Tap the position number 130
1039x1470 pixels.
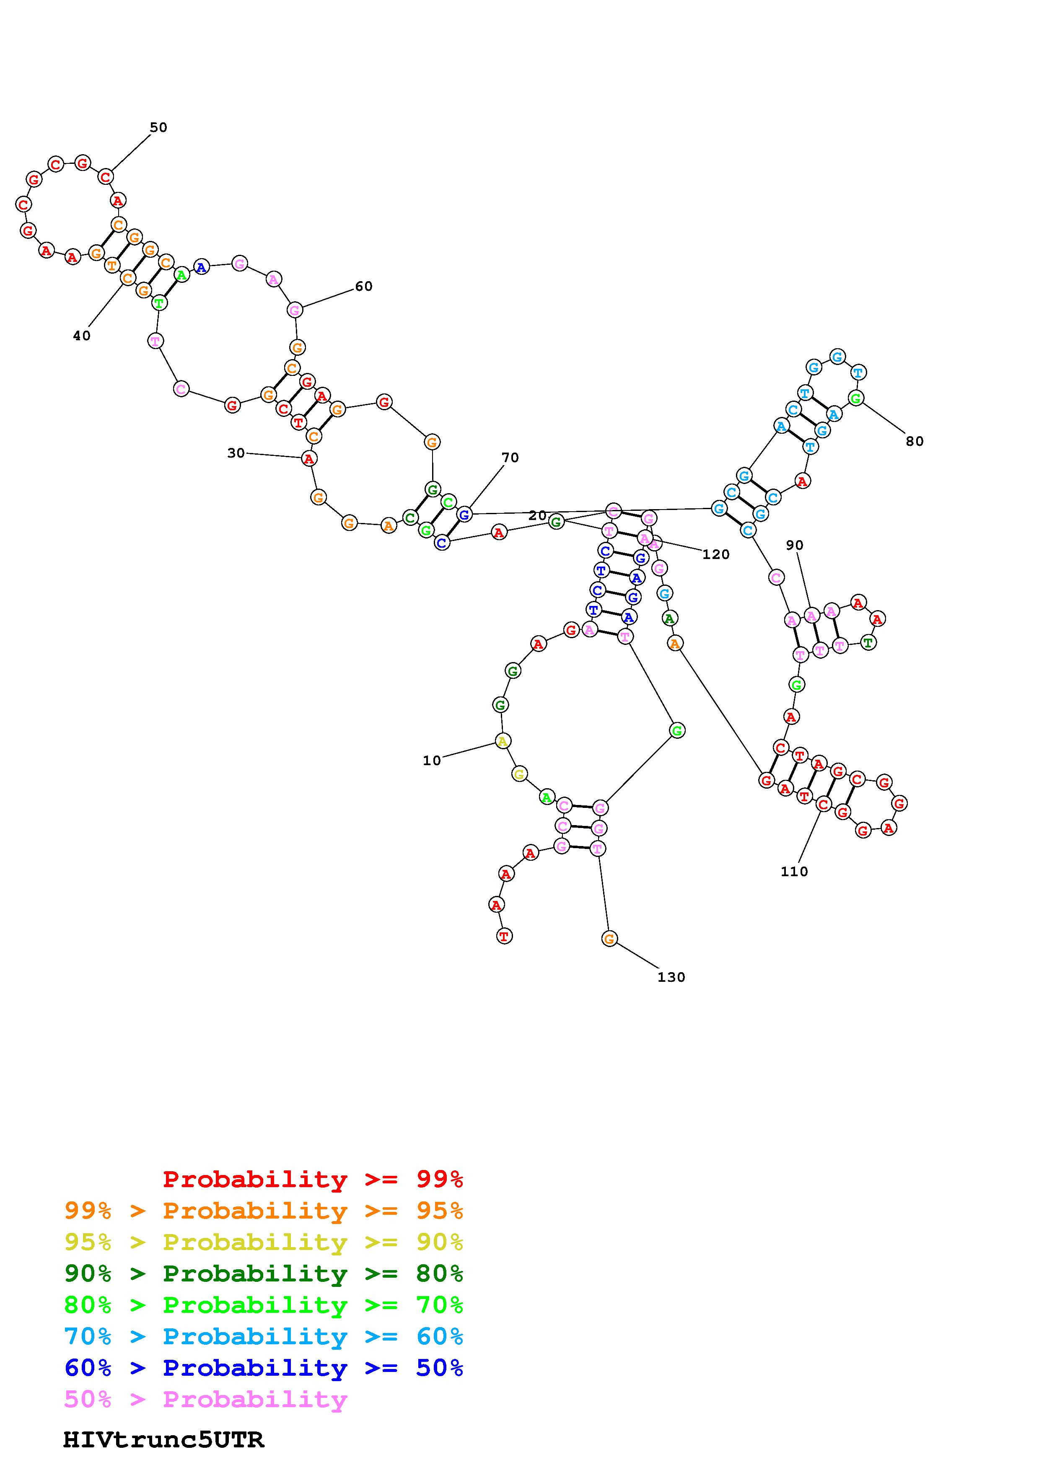tap(671, 977)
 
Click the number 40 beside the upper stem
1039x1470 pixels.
tap(81, 336)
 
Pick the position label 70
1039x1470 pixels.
tap(510, 458)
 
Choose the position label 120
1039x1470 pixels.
tap(716, 554)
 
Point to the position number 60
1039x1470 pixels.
tap(364, 286)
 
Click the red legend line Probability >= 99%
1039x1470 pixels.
tap(313, 1179)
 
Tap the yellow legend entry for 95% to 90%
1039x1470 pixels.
tap(264, 1242)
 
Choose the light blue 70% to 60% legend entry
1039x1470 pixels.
tap(264, 1336)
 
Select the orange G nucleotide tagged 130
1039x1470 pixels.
tap(609, 939)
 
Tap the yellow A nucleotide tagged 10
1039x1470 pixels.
tap(503, 741)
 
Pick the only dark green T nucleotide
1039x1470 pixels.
tap(868, 642)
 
